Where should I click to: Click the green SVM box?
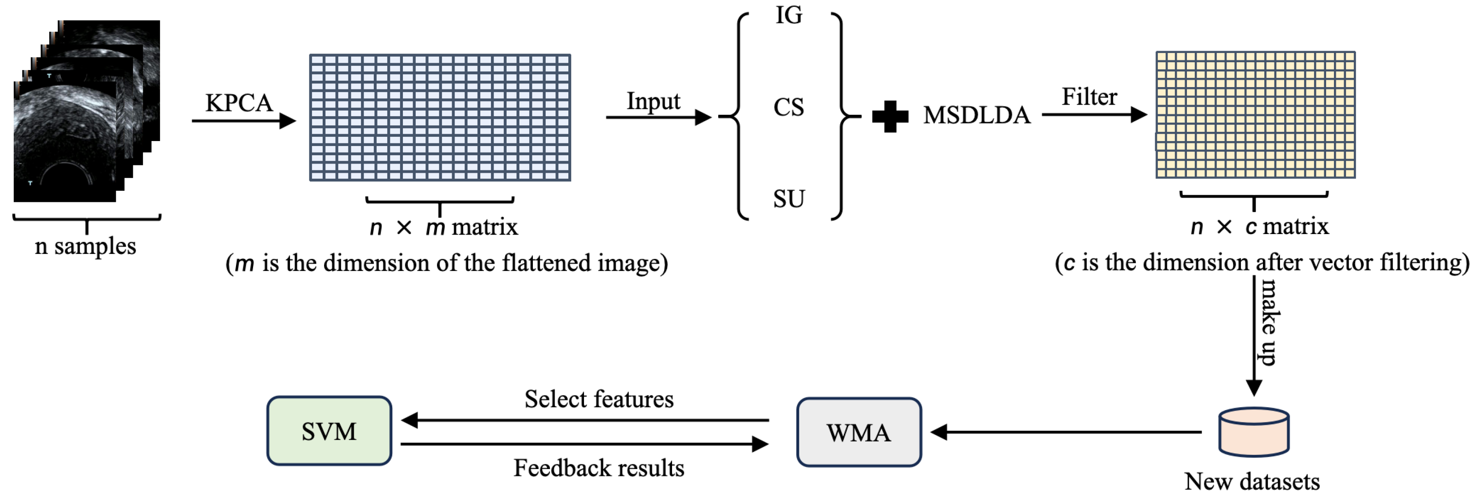(x=329, y=431)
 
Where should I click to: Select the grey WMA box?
(x=858, y=432)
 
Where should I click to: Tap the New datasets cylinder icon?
(x=1253, y=432)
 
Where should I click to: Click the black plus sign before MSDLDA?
(x=890, y=116)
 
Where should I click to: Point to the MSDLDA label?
(x=976, y=116)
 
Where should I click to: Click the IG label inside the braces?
(x=789, y=16)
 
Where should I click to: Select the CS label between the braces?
(x=789, y=107)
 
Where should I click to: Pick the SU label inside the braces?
(x=789, y=199)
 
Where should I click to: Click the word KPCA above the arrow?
(x=239, y=103)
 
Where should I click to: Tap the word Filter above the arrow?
(x=1089, y=97)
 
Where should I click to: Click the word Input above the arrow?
(x=653, y=101)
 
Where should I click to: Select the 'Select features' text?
(x=598, y=399)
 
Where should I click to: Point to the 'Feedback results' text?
(x=598, y=468)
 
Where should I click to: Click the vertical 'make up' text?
(x=1269, y=322)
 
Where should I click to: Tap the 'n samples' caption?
(x=85, y=246)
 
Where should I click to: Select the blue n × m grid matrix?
(x=440, y=118)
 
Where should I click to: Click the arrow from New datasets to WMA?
(x=1065, y=432)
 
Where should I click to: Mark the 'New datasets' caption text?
(x=1252, y=482)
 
